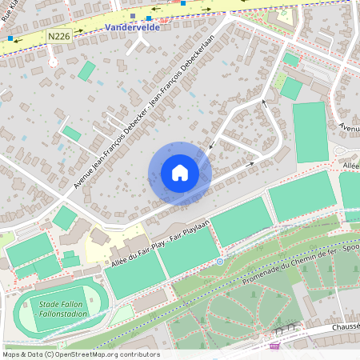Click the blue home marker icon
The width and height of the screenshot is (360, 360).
click(180, 173)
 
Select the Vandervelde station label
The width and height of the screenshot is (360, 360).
click(131, 26)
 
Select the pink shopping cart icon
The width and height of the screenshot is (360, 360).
click(275, 346)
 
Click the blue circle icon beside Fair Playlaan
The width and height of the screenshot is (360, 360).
click(219, 262)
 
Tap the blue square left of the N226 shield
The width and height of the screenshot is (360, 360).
click(10, 38)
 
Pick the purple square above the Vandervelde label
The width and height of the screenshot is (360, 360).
click(133, 14)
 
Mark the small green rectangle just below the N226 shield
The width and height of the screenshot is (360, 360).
click(86, 70)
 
